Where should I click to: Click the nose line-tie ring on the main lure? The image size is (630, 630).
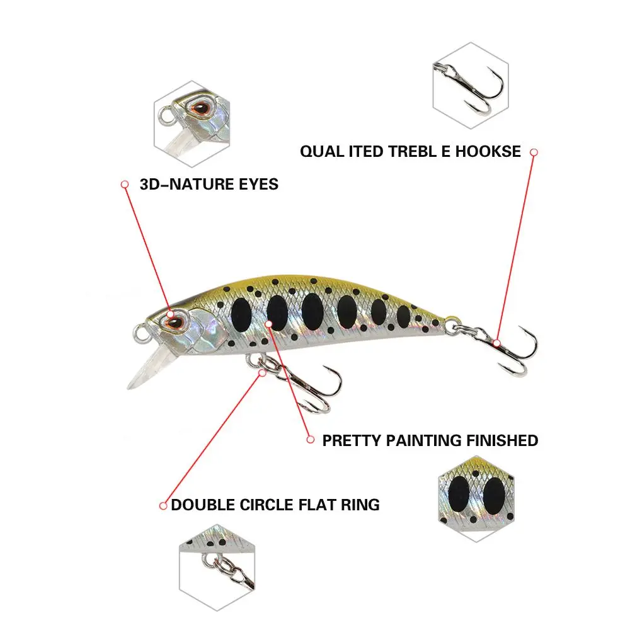(139, 330)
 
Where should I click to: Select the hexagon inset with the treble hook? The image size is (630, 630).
(470, 86)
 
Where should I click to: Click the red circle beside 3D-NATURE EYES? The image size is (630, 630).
(125, 185)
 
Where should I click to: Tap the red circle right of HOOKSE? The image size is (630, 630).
(534, 152)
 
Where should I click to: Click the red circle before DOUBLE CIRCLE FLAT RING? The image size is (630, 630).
(163, 505)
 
